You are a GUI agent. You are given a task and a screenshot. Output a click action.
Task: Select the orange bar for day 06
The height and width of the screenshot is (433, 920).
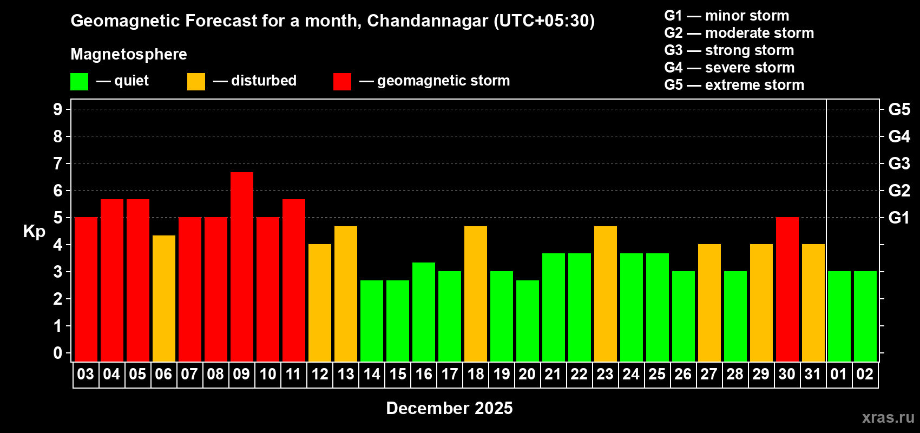coord(163,298)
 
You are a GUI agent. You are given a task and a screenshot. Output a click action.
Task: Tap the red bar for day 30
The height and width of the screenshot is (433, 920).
coord(787,289)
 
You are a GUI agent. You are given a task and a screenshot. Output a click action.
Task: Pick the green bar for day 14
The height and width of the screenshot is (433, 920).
coord(371,320)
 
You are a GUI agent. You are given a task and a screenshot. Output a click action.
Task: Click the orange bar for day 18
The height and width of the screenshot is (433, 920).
coord(475,293)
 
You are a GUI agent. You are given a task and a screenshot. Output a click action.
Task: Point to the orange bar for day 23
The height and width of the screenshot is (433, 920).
coord(605,293)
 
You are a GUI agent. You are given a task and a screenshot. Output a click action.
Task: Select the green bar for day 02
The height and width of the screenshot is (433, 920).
coord(865,316)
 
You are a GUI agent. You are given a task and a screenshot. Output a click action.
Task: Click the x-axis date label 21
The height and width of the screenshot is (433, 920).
coord(553,374)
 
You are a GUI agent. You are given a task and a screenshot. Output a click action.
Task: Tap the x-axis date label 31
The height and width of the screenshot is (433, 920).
coord(812,374)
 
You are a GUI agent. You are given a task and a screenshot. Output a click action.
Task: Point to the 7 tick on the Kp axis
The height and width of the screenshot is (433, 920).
coord(58,163)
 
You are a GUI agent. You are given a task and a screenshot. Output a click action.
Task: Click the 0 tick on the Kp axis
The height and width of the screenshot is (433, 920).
coord(58,353)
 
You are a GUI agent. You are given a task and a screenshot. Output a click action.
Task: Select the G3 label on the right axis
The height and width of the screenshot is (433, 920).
coord(899,163)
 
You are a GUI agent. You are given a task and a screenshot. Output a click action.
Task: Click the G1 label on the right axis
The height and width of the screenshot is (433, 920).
coord(899,218)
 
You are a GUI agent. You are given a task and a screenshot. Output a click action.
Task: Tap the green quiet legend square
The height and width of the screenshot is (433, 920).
coord(79,82)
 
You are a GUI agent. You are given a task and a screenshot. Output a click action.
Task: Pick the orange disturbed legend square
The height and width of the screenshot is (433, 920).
coord(196,82)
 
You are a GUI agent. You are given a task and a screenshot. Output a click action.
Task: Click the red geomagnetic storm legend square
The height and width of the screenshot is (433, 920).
coord(342,82)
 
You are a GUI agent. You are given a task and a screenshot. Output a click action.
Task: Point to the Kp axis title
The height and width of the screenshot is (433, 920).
coord(34,232)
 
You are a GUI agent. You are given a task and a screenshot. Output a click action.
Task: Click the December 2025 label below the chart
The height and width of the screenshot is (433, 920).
coord(449,408)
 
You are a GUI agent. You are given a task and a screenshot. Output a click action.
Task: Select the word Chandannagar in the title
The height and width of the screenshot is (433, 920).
coord(428,21)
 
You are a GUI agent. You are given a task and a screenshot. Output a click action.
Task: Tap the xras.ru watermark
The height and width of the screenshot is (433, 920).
coord(888,417)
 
